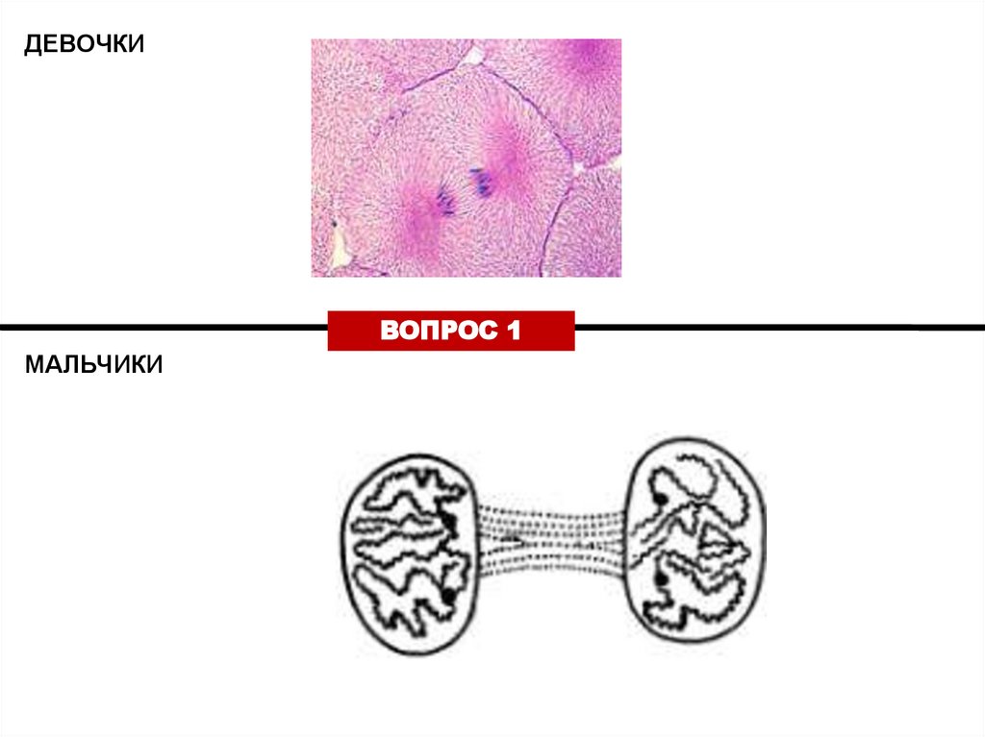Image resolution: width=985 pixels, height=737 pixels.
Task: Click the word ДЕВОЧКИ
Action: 85,45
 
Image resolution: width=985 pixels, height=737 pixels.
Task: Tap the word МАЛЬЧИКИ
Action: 94,365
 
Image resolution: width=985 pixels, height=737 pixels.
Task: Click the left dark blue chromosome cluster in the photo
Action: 445,197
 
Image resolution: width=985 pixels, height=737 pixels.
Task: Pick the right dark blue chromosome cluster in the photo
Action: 479,180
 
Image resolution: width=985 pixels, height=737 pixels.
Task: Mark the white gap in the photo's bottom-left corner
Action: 338,252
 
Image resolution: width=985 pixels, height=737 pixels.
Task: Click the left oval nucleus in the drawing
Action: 403,556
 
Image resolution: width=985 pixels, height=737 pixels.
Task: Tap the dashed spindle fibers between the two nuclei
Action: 548,539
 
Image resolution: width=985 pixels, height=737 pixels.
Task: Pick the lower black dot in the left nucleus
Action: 448,595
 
